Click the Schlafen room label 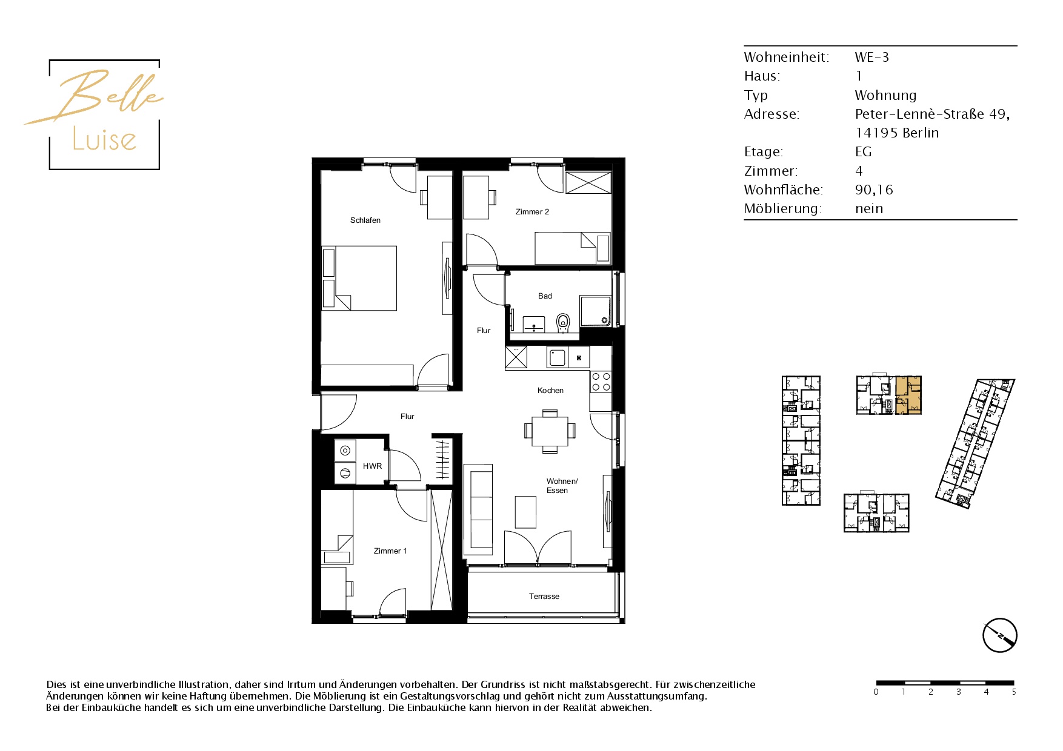[x=365, y=220]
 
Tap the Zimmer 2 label [x=532, y=212]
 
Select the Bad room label [x=545, y=296]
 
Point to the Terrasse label [x=544, y=597]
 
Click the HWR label [x=372, y=466]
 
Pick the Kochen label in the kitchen [x=550, y=391]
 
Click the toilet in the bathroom [x=563, y=323]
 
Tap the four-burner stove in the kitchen [x=601, y=382]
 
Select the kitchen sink [x=557, y=357]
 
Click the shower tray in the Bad [x=596, y=311]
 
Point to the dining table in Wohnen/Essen [x=550, y=431]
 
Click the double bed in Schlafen [x=359, y=278]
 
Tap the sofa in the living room [x=478, y=509]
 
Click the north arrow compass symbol [x=999, y=635]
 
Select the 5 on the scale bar [x=1013, y=692]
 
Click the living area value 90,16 [x=874, y=190]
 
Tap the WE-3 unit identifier [x=871, y=58]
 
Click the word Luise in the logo [x=104, y=139]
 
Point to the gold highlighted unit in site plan [x=908, y=395]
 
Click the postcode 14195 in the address [x=876, y=133]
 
